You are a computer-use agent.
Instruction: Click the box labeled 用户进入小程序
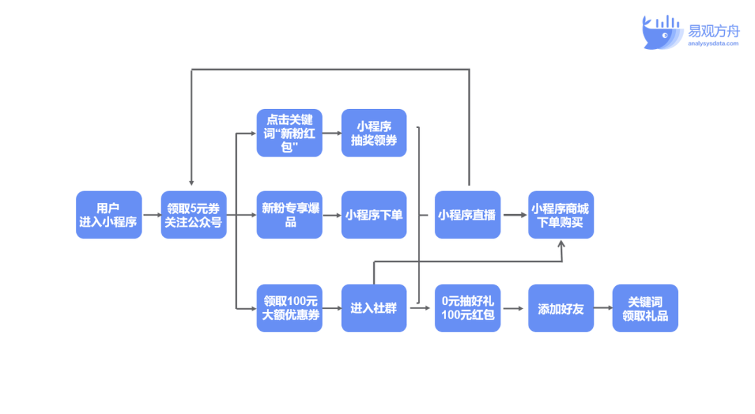(x=108, y=215)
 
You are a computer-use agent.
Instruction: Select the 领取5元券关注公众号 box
(x=194, y=215)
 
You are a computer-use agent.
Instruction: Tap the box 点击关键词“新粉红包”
(x=289, y=132)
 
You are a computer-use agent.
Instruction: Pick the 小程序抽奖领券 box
(x=374, y=132)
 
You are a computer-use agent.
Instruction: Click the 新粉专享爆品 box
(x=289, y=215)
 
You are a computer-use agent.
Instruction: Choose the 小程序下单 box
(x=374, y=215)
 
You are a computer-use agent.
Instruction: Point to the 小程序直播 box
(x=467, y=215)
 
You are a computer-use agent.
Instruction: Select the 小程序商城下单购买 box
(x=561, y=215)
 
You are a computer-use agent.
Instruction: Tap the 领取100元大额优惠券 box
(x=289, y=308)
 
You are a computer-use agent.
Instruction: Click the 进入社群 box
(x=374, y=308)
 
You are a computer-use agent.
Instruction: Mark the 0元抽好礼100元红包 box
(x=467, y=308)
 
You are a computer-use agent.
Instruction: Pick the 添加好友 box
(x=561, y=308)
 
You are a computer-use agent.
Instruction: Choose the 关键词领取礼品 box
(x=645, y=308)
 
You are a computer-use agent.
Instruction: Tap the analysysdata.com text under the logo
(x=712, y=43)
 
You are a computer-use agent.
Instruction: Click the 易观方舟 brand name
(x=713, y=30)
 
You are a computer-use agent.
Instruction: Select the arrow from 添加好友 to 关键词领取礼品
(x=603, y=308)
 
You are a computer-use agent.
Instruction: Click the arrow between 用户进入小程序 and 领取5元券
(x=151, y=215)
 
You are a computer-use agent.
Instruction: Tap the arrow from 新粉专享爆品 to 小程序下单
(x=331, y=215)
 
